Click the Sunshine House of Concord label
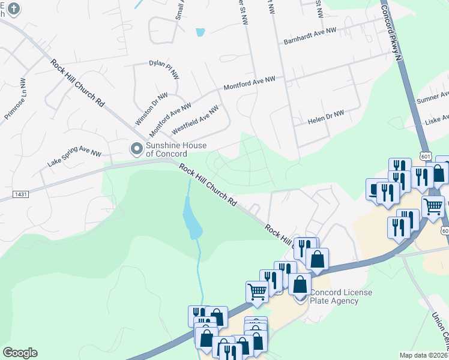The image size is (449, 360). tap(176, 149)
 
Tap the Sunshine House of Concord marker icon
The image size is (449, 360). tap(137, 148)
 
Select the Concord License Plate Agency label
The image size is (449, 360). tap(341, 296)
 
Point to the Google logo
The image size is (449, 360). tap(20, 353)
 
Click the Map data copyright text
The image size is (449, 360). tap(424, 355)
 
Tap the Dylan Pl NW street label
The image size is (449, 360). tap(164, 69)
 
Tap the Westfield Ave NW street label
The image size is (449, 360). tap(195, 119)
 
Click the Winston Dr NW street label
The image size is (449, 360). tap(152, 109)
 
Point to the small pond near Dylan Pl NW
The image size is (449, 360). tap(200, 32)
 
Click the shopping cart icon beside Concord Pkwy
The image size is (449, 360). tap(433, 206)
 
